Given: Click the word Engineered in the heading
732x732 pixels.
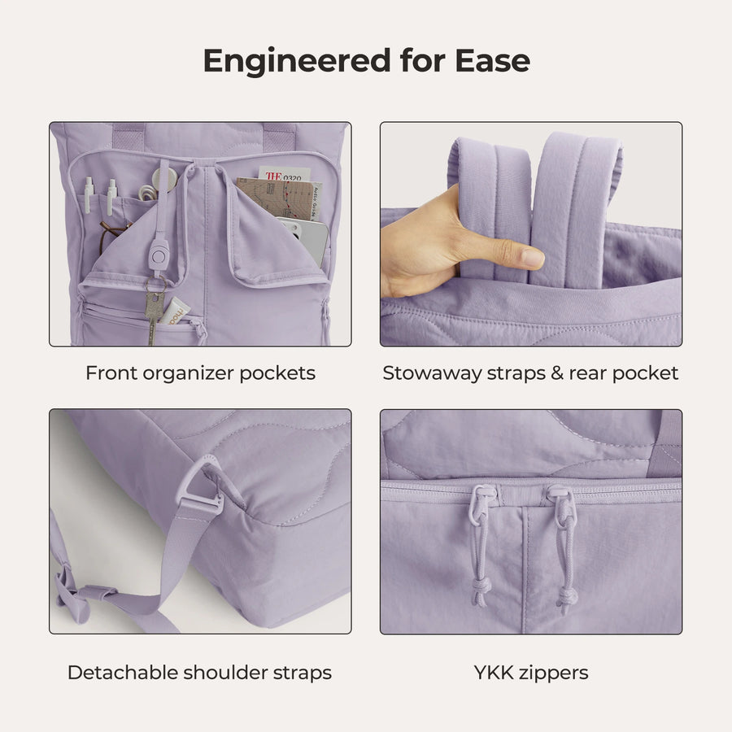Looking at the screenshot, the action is [x=297, y=61].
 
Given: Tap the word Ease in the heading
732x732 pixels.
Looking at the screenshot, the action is [x=493, y=61].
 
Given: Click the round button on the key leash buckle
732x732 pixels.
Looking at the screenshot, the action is [x=159, y=256].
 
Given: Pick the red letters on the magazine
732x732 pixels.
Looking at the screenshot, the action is [x=273, y=176].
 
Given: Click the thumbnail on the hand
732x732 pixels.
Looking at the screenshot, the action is [x=532, y=256].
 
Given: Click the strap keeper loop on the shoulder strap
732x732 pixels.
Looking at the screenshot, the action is [x=99, y=593].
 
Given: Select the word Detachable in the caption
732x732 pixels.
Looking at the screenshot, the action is [x=122, y=673].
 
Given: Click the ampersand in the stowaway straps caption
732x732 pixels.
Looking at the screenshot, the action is [x=556, y=373].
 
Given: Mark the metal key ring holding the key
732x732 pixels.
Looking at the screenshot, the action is [x=155, y=285].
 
